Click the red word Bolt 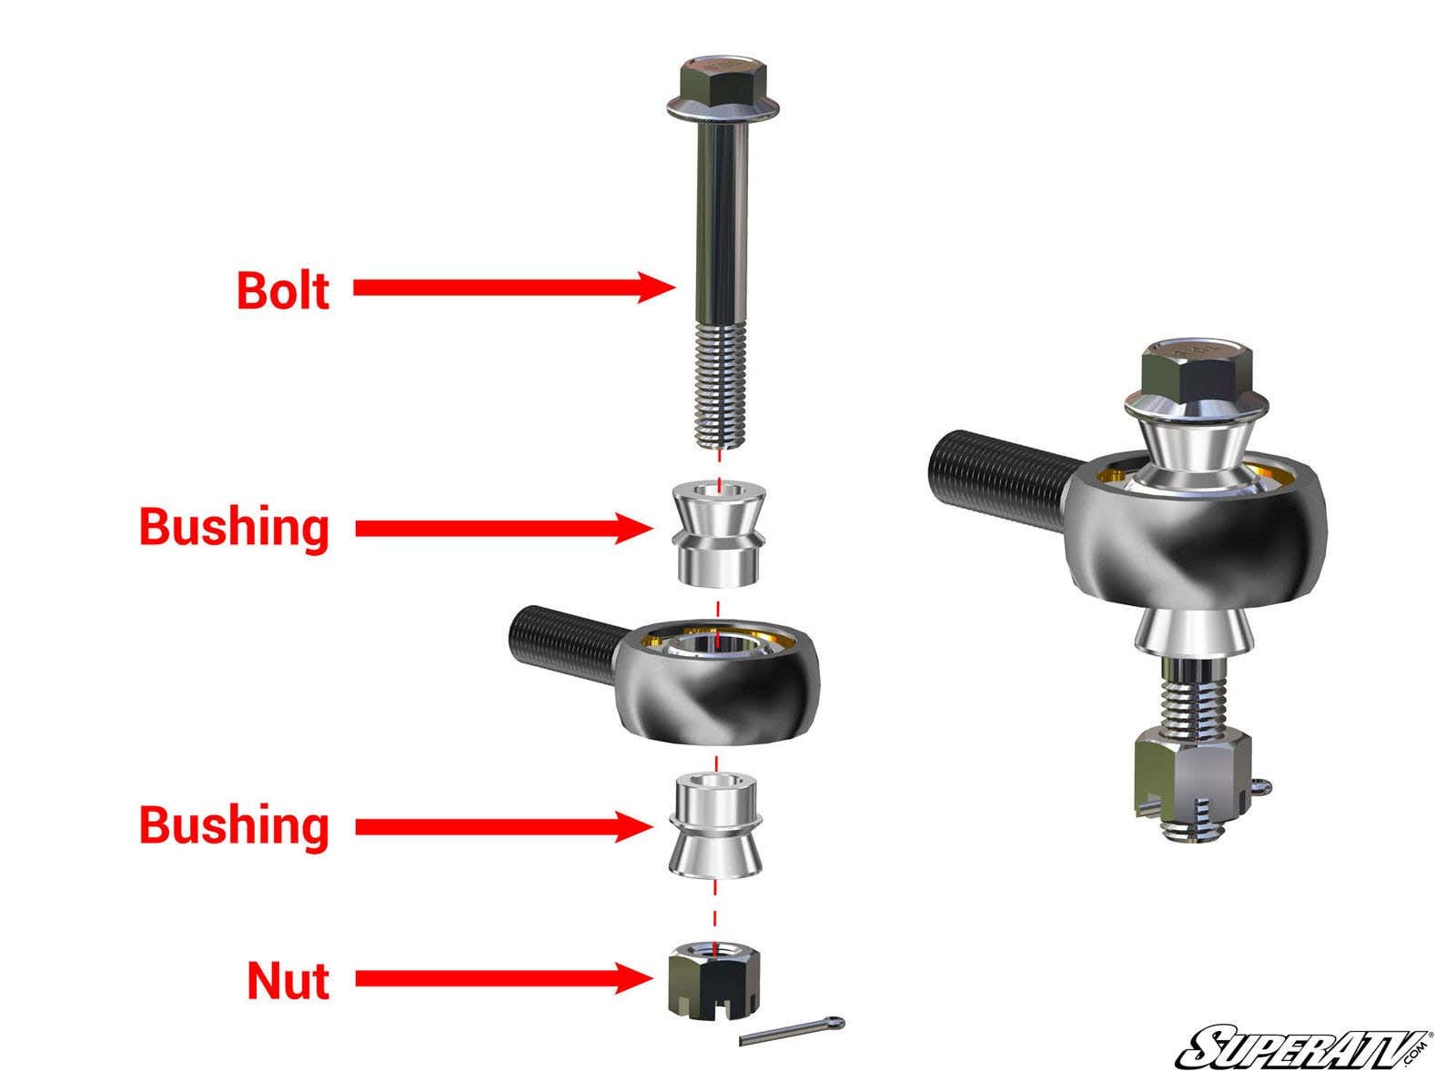point(282,290)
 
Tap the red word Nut point(288,981)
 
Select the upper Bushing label point(234,527)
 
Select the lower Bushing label point(234,825)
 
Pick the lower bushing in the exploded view point(715,825)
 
